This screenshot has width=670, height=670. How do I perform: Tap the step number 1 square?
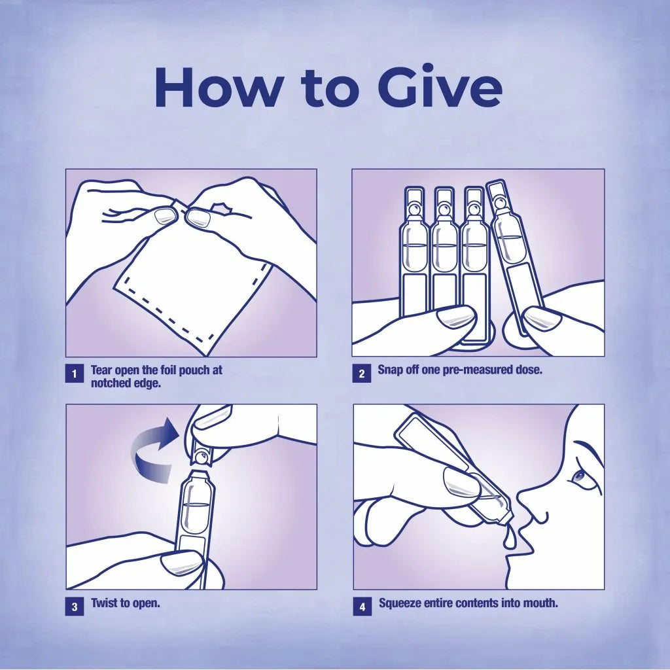click(75, 374)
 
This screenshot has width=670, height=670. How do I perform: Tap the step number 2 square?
click(361, 374)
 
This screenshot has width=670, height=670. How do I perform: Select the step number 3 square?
click(75, 607)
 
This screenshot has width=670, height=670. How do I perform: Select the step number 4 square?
click(362, 607)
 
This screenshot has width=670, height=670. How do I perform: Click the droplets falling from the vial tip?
click(509, 538)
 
